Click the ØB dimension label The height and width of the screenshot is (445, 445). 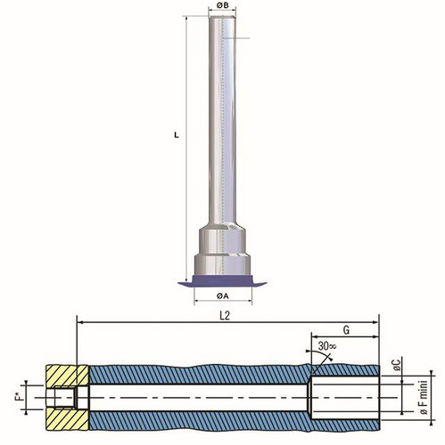[x=222, y=5]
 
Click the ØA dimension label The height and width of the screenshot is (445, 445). [x=223, y=295]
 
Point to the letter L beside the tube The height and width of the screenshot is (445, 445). [x=177, y=135]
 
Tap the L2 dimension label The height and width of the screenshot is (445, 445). [x=225, y=316]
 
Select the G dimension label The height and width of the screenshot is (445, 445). [x=346, y=330]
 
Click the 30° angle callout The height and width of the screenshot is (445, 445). [x=327, y=346]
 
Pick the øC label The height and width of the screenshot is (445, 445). [x=398, y=365]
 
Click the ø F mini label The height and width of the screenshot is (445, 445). [x=424, y=398]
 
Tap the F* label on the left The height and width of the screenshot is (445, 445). [x=20, y=397]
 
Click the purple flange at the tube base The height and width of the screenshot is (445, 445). [x=222, y=281]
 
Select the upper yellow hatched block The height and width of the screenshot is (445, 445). [x=68, y=376]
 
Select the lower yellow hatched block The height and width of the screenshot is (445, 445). [x=68, y=419]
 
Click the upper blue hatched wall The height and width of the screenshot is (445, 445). [x=235, y=375]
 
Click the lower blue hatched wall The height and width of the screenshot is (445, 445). [x=235, y=421]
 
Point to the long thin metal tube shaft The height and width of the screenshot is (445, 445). [x=222, y=120]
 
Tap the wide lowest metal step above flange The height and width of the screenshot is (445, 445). [x=222, y=264]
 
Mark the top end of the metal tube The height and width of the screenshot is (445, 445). [x=222, y=17]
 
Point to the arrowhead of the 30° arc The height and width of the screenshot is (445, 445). [x=329, y=359]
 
